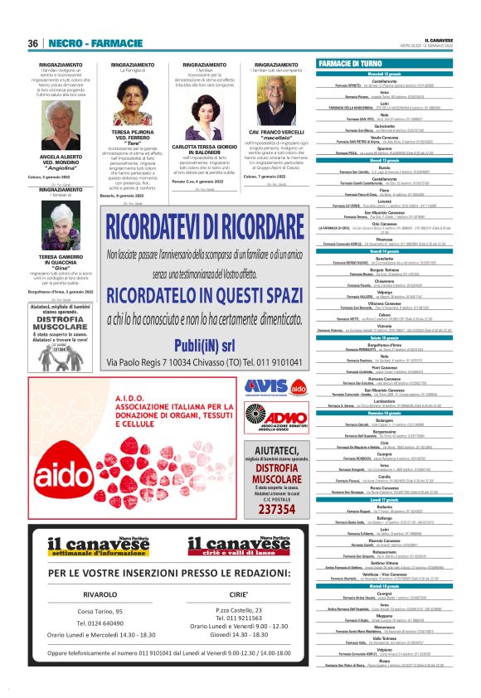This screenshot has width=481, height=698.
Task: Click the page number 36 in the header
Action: (x=33, y=43)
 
